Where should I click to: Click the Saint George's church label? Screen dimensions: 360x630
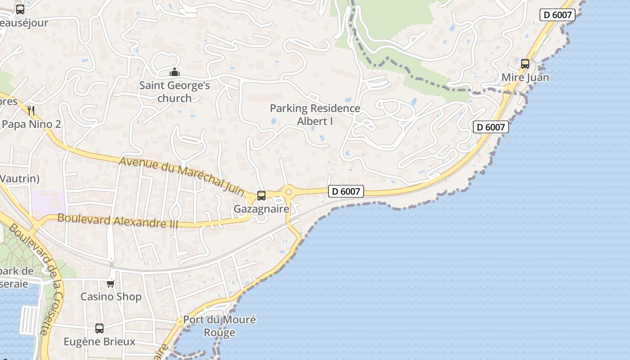[175, 91]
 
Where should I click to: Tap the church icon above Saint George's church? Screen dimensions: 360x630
[175, 72]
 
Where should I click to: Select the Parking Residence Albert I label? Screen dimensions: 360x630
[315, 115]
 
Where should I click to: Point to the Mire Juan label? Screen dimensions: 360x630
[525, 77]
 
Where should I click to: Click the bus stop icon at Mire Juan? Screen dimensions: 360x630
[525, 64]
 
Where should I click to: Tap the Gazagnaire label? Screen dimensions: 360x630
[261, 209]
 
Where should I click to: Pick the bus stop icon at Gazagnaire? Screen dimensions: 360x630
[261, 196]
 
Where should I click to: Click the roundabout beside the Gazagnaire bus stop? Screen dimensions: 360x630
[288, 192]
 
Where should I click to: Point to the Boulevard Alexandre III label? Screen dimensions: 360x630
[118, 221]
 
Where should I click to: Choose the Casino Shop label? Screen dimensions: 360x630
[111, 297]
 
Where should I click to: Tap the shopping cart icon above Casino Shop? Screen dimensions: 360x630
[111, 283]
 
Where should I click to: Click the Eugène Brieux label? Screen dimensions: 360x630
[99, 342]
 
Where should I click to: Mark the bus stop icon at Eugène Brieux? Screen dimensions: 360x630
[99, 328]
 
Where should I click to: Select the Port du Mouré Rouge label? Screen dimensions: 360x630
[219, 326]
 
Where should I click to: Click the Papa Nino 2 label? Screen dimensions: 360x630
[31, 124]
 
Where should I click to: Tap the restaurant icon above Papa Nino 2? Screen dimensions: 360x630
[31, 111]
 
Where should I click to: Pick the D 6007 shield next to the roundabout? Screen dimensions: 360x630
[346, 191]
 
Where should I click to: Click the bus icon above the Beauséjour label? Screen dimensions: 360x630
[20, 9]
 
